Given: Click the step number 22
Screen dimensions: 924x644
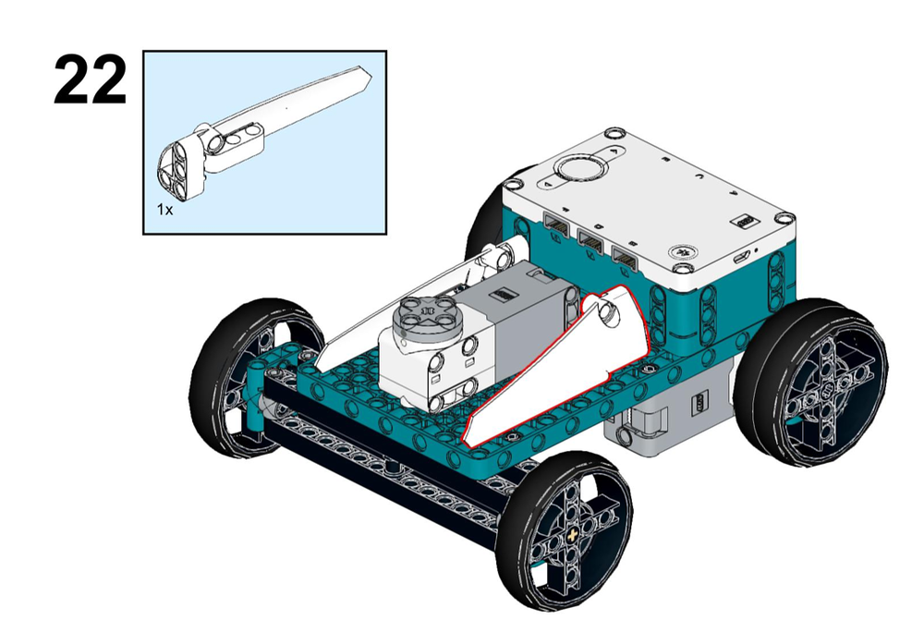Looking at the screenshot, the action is (x=91, y=80).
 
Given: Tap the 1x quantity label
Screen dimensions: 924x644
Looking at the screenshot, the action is (x=165, y=209).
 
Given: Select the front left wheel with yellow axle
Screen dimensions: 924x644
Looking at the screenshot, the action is (x=564, y=531).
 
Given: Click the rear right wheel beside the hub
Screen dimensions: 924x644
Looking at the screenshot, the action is (x=812, y=383).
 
